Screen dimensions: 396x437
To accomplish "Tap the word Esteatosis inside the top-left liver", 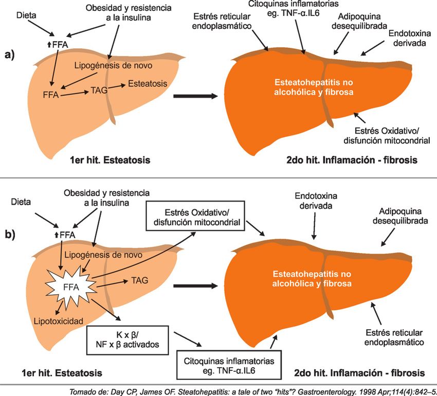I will click(x=147, y=83).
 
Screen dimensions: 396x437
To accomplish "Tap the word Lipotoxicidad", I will click(x=59, y=321).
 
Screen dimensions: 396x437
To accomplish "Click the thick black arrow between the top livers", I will click(x=195, y=96).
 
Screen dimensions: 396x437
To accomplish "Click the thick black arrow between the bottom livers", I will click(x=195, y=284).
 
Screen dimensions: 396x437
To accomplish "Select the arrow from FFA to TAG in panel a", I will click(x=76, y=93).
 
